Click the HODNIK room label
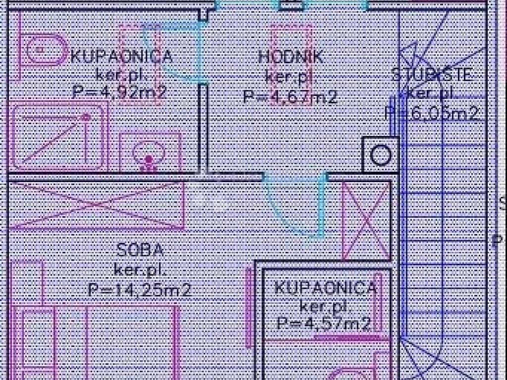point(291,57)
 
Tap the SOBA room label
point(140,250)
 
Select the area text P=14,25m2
point(140,289)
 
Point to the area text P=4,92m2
point(119,93)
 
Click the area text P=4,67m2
point(290,96)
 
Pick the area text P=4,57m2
point(324,324)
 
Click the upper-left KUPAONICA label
point(122,56)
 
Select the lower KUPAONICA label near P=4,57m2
point(325,287)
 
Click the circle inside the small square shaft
point(380,155)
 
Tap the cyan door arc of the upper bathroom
point(173,54)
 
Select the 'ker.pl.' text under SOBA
point(140,270)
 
